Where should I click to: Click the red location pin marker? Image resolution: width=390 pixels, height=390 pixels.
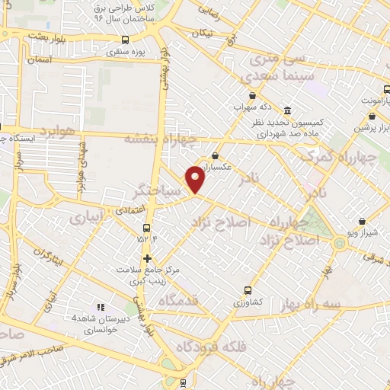[x=197, y=180]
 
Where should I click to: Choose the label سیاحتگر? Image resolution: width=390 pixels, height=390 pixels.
[x=158, y=191]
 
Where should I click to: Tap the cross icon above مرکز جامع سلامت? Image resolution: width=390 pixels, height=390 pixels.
[x=147, y=258]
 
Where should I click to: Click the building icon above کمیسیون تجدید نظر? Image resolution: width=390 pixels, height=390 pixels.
[x=286, y=110]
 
